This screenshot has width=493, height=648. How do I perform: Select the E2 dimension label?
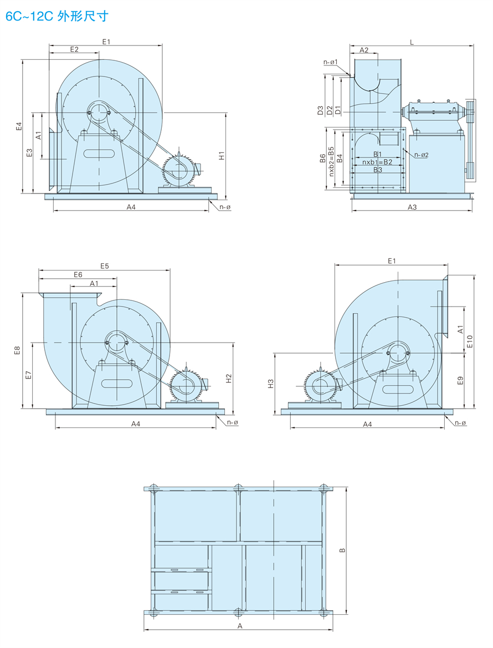click(74, 49)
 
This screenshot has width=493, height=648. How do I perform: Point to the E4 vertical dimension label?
click(18, 126)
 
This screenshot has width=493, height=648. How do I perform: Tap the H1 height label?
click(221, 156)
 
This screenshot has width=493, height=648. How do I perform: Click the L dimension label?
click(411, 42)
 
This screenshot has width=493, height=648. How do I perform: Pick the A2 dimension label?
click(364, 50)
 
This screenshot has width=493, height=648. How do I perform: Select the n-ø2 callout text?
click(422, 155)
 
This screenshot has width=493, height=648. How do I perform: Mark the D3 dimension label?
click(320, 110)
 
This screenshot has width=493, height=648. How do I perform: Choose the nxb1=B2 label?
click(377, 162)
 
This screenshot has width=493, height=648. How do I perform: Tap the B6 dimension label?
click(322, 159)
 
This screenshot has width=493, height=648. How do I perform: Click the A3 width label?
click(412, 207)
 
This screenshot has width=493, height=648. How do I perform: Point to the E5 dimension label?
click(105, 266)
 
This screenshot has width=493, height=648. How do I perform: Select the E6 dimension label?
click(78, 274)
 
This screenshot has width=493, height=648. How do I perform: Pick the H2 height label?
click(228, 378)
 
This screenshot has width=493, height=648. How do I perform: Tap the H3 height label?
click(270, 383)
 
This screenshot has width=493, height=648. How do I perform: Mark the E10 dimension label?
click(470, 341)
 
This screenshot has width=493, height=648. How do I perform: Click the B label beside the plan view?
click(342, 550)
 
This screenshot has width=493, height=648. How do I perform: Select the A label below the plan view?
click(240, 625)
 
